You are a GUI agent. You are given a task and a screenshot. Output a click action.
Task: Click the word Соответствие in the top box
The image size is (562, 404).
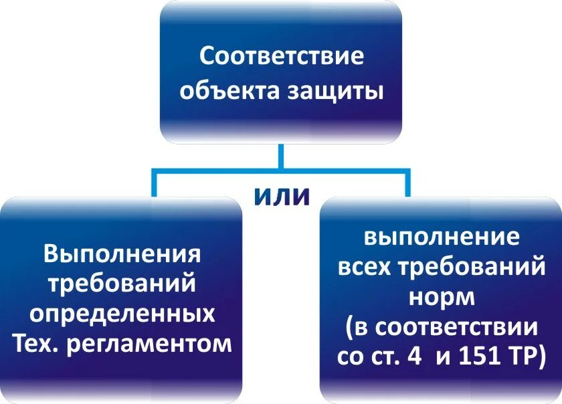282,56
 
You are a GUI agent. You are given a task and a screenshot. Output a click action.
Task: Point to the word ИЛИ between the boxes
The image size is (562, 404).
282,196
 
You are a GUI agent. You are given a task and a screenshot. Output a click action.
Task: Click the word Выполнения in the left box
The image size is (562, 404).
122,254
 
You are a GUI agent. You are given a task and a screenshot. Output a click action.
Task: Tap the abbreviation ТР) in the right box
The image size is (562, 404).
526,355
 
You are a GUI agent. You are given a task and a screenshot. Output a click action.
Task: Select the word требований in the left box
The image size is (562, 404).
122,284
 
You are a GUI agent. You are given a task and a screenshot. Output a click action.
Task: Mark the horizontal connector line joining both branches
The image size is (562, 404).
214,173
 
